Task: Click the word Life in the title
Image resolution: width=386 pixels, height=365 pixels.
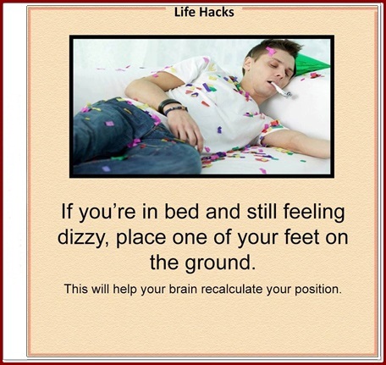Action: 184,12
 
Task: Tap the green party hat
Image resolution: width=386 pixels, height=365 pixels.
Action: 310,64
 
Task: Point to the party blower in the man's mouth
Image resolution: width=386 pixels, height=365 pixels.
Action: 281,90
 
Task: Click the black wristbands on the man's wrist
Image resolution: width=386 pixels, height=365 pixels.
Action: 172,107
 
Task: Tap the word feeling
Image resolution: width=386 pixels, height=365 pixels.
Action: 314,213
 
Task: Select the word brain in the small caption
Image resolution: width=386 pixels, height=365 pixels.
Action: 183,289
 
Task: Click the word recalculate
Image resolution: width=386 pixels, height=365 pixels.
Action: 232,289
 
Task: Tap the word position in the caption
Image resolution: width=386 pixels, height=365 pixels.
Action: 318,290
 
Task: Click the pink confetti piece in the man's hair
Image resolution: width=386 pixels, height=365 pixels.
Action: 270,52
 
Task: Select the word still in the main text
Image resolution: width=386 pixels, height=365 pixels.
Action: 262,212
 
